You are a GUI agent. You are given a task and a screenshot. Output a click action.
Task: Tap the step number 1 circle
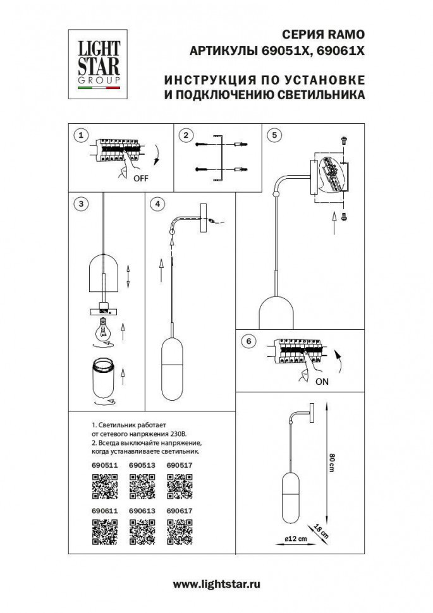point(80,135)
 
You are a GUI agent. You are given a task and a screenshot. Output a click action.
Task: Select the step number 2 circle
point(185,135)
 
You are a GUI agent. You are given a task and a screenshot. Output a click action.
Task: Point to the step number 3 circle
point(80,203)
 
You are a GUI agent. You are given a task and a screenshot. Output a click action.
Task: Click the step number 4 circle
point(158,203)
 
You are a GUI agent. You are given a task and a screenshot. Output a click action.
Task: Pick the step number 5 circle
point(274,135)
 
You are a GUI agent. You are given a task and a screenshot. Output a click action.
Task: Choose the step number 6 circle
point(248,341)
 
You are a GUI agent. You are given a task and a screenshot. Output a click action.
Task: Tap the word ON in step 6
point(322,381)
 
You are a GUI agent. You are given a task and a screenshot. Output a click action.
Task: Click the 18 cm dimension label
point(322,532)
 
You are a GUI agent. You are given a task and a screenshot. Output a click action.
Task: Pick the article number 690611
point(104,509)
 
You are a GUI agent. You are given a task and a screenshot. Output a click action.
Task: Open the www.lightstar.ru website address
point(216,585)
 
